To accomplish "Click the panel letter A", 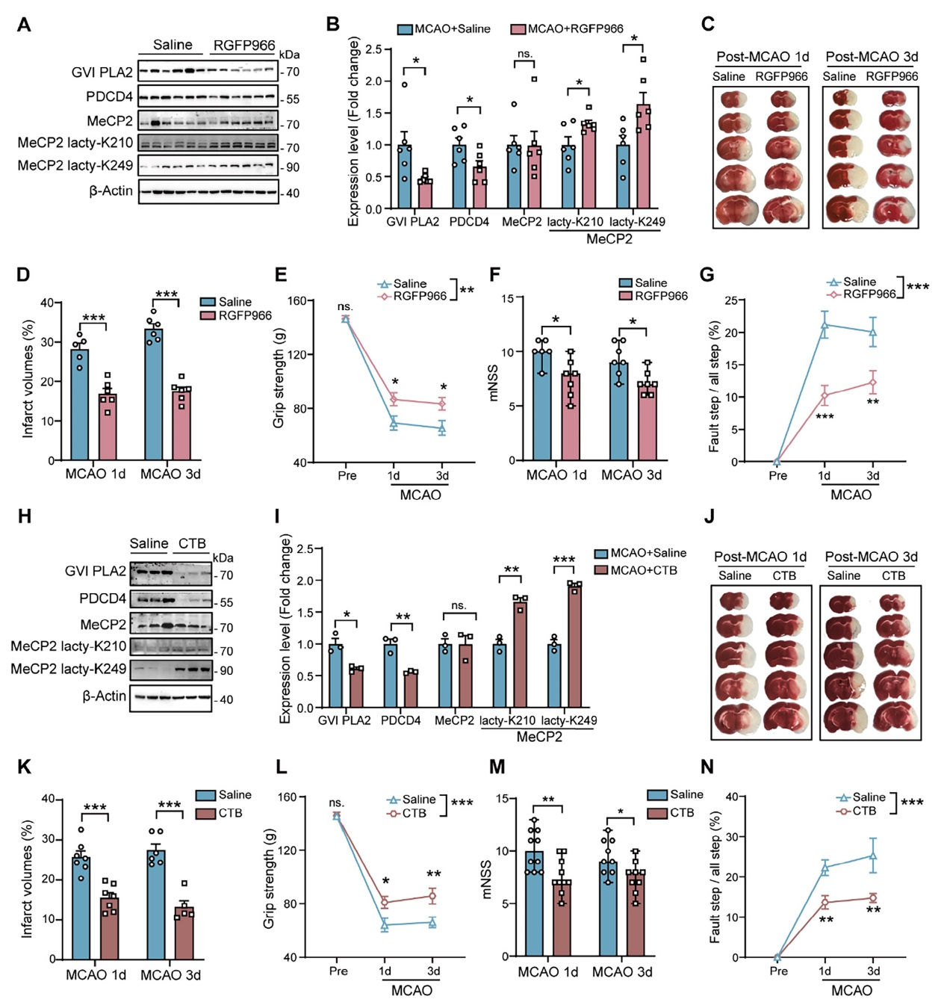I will click(x=24, y=25).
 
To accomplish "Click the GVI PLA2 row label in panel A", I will click(x=102, y=72).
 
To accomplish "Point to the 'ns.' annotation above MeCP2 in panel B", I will click(x=525, y=54).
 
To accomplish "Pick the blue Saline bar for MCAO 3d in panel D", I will click(x=154, y=395).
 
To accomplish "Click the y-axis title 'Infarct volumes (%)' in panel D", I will click(x=28, y=379).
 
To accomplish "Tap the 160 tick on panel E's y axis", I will click(x=297, y=301).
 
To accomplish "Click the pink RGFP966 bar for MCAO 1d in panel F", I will click(x=571, y=416).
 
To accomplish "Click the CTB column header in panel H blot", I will click(x=192, y=543).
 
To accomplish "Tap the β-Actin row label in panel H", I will click(x=104, y=696).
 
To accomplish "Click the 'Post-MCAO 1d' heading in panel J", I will click(x=760, y=557).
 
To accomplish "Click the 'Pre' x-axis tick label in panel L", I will click(x=338, y=971).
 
